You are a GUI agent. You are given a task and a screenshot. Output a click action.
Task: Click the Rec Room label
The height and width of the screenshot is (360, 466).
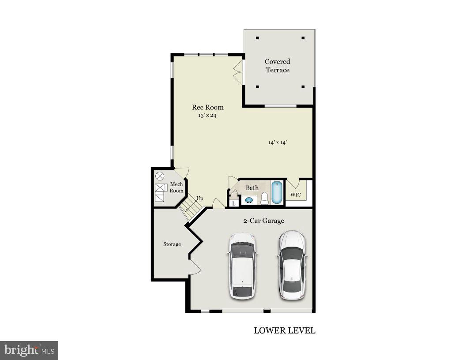coord(207,107)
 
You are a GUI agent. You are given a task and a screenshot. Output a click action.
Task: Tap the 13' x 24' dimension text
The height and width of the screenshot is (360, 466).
coord(207,116)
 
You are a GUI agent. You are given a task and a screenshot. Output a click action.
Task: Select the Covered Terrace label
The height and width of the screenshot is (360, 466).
coord(278,66)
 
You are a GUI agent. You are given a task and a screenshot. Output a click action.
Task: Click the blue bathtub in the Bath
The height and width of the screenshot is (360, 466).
coord(277,192)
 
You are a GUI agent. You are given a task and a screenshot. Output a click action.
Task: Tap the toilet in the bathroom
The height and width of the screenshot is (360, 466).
coord(265,198)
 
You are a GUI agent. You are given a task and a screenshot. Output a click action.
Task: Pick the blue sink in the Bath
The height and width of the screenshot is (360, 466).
coord(248,200)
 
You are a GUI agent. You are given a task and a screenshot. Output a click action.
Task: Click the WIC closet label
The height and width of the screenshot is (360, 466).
coord(295,195)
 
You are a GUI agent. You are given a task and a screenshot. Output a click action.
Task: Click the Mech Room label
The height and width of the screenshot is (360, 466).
coord(177,187)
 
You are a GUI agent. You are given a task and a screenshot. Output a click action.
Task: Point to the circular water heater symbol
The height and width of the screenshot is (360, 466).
coord(160,176)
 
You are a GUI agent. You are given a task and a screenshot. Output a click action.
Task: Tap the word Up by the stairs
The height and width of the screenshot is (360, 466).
coord(199,199)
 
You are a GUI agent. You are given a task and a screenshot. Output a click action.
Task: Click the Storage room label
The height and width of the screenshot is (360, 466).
coord(172,244)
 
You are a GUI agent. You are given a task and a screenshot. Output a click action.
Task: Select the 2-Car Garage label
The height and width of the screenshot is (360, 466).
coord(263,221)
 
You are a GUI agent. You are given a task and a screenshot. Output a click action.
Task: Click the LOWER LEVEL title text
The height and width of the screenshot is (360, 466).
coord(285,330)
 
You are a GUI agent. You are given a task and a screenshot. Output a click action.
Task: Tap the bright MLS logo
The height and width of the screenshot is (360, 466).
coord(29,350)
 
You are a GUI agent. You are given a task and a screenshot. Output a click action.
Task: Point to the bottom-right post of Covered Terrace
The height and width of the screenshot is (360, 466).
coord(303,86)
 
